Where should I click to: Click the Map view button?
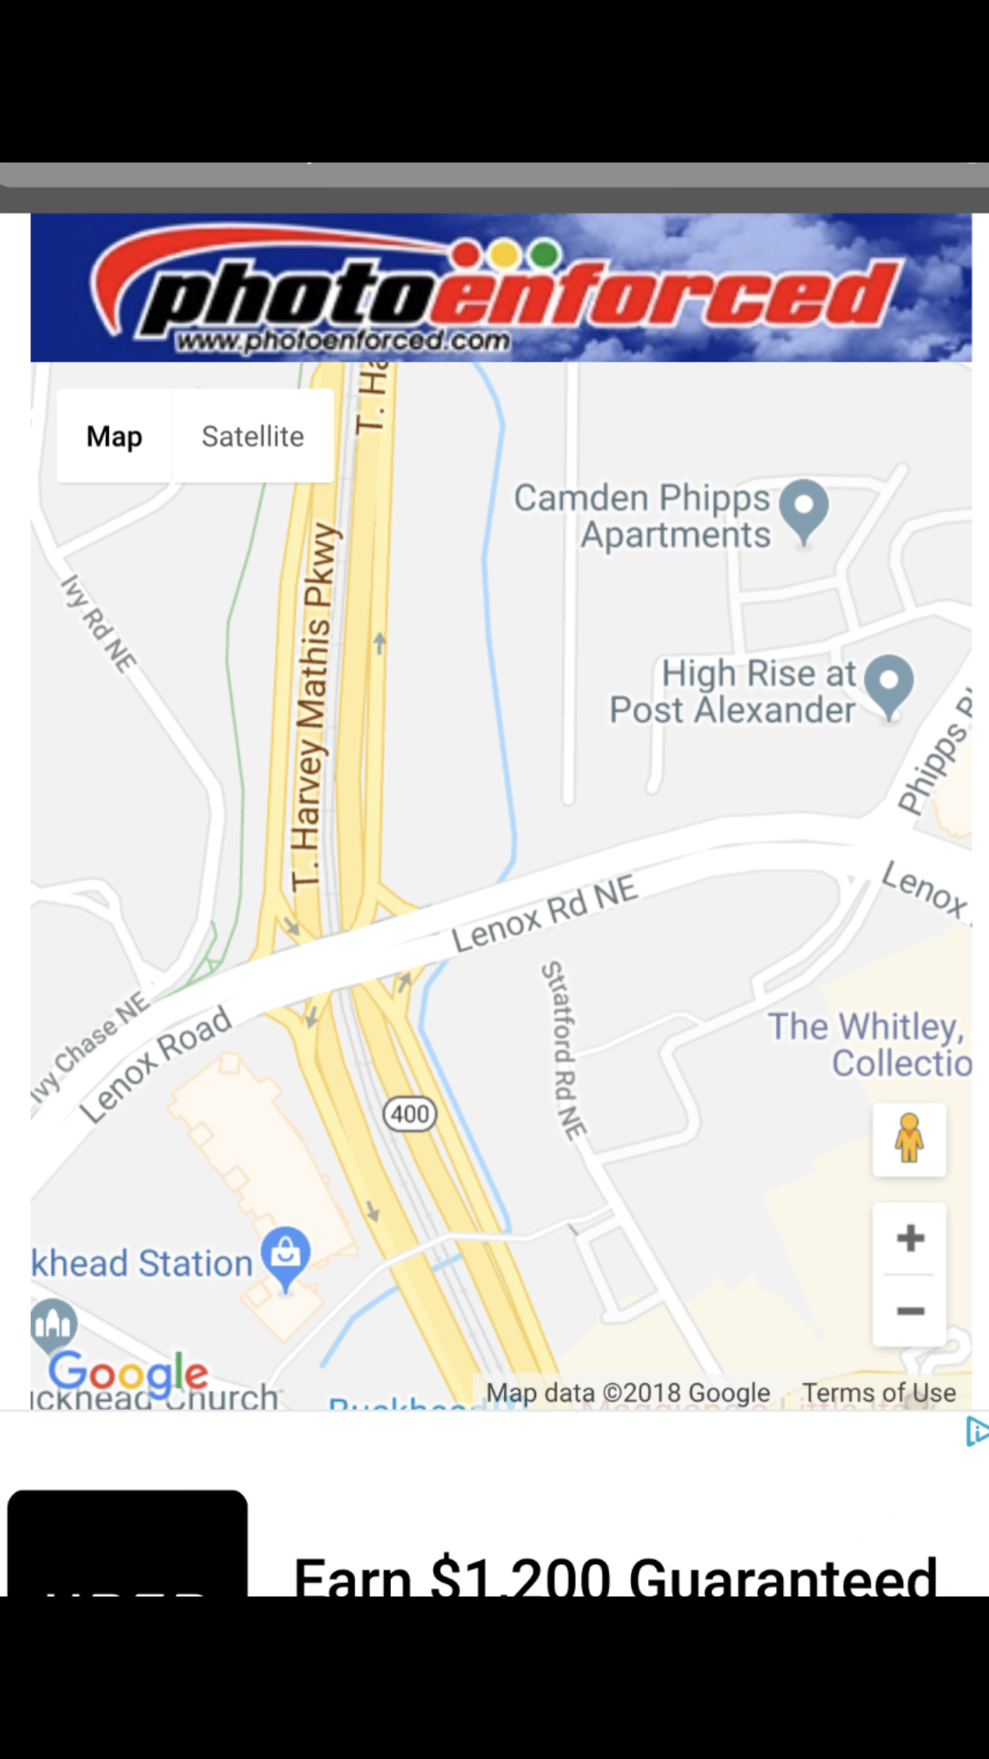114,437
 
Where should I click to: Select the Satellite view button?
252,437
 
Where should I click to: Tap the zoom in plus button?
909,1238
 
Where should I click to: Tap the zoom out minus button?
909,1310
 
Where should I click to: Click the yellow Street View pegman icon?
909,1139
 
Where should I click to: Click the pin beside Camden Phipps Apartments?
803,508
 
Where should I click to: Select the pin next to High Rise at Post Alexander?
889,684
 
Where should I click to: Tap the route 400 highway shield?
410,1114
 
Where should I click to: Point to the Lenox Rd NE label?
545,914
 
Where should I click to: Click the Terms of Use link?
878,1393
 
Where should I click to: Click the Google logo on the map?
128,1372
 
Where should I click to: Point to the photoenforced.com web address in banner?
343,341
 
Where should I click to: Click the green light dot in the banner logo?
545,254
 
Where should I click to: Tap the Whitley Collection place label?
868,1044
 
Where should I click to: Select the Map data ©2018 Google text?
628,1393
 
